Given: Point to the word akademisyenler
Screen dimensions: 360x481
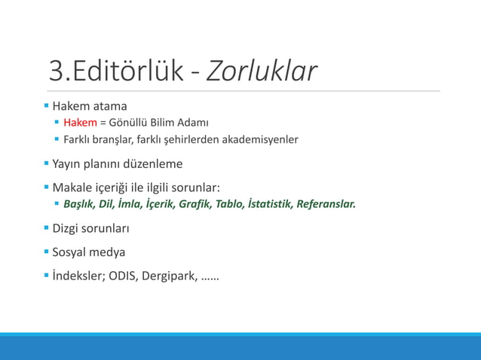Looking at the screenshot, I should click(261, 139).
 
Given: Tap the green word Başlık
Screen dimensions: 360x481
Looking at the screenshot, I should click(80, 204).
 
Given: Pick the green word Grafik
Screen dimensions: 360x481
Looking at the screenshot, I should click(196, 204).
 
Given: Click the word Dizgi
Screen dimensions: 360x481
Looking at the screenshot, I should click(66, 227).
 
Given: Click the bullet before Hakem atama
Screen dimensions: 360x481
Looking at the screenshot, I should click(47, 105).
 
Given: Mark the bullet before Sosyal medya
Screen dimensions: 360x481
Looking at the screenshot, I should click(47, 251).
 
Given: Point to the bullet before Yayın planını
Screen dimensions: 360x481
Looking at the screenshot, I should click(47, 163).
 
